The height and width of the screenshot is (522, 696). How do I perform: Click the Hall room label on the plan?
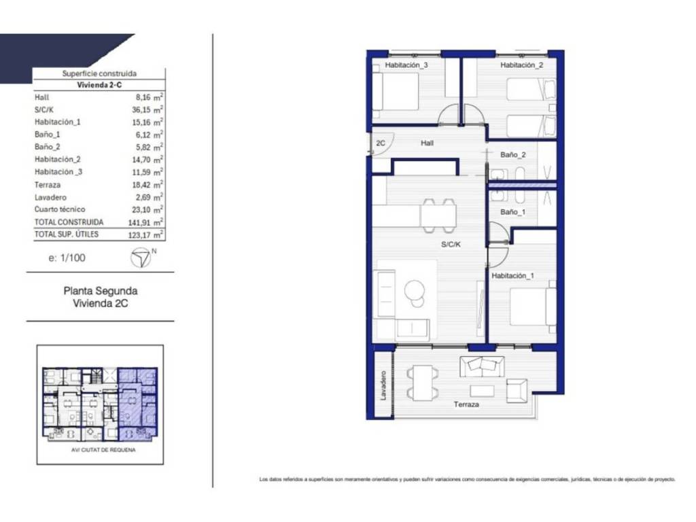pyautogui.click(x=427, y=143)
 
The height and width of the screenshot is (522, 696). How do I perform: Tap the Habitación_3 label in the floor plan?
pyautogui.click(x=406, y=65)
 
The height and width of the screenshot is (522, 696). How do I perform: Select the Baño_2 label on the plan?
pyautogui.click(x=512, y=154)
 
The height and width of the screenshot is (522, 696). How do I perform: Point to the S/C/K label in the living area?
pyautogui.click(x=451, y=244)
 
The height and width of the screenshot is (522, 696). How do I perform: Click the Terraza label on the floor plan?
pyautogui.click(x=466, y=404)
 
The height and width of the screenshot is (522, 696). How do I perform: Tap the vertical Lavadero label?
pyautogui.click(x=383, y=385)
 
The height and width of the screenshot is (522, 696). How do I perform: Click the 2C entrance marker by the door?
pyautogui.click(x=381, y=143)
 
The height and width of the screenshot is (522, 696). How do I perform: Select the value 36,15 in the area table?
pyautogui.click(x=141, y=109)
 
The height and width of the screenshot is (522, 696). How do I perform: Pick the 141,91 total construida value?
pyautogui.click(x=139, y=222)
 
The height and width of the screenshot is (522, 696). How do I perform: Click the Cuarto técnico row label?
pyautogui.click(x=60, y=209)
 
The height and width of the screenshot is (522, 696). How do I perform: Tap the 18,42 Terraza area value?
pyautogui.click(x=141, y=185)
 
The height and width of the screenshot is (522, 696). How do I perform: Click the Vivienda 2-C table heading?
pyautogui.click(x=99, y=85)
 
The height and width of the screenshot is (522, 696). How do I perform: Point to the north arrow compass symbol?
pyautogui.click(x=141, y=258)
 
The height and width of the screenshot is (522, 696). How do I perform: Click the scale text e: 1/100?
pyautogui.click(x=67, y=258)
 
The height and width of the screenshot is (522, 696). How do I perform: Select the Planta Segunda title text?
pyautogui.click(x=101, y=291)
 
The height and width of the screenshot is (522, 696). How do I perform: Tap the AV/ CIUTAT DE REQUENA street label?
pyautogui.click(x=103, y=450)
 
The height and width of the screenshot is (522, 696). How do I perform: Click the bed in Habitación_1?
pyautogui.click(x=532, y=307)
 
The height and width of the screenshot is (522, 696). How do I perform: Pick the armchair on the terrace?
pyautogui.click(x=517, y=390)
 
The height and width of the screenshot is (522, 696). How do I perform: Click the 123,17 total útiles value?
pyautogui.click(x=139, y=234)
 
